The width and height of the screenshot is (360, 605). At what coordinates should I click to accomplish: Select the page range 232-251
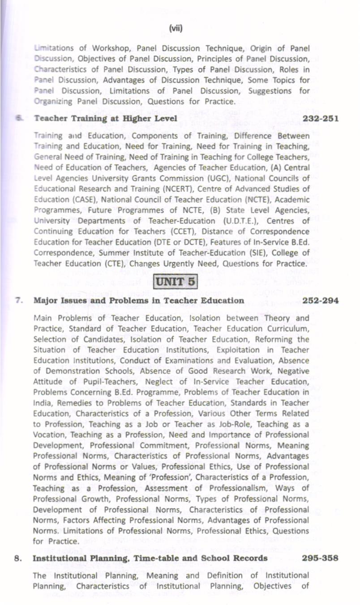click(x=321, y=119)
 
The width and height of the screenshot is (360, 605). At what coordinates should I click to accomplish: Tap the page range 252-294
click(x=321, y=300)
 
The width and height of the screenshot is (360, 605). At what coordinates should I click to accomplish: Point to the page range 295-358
click(x=320, y=558)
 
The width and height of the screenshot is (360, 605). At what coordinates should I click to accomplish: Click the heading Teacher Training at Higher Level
click(x=105, y=119)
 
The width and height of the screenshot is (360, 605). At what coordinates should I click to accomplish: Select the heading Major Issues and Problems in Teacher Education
click(x=139, y=300)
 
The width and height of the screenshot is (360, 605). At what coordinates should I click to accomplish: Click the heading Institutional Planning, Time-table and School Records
click(x=150, y=558)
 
